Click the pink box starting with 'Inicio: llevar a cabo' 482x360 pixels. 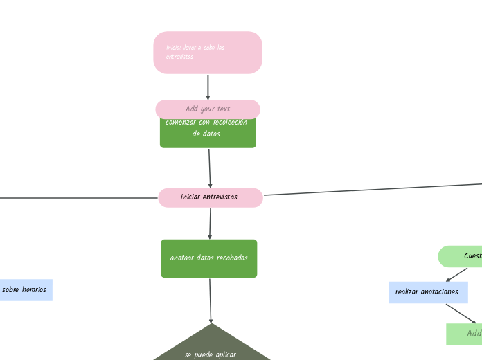[x=208, y=53]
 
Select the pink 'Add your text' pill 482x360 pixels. [x=208, y=109]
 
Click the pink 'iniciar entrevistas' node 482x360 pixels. [x=210, y=197]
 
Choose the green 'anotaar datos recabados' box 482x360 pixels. [x=208, y=258]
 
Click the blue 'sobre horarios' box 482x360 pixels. [x=25, y=290]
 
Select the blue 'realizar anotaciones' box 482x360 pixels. [x=427, y=292]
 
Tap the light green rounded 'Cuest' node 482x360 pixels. [x=461, y=256]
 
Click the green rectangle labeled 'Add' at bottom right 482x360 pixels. [x=465, y=334]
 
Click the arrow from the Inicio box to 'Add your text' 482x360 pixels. [x=208, y=87]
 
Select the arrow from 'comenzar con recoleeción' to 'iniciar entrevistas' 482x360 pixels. [x=210, y=168]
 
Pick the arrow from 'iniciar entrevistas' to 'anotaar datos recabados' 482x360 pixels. [x=210, y=223]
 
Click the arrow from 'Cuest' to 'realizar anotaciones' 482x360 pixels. [x=457, y=274]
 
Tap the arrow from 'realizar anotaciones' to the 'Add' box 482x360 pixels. [x=461, y=314]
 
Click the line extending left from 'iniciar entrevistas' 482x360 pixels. [x=76, y=198]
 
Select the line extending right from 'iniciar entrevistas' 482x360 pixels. [x=374, y=190]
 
